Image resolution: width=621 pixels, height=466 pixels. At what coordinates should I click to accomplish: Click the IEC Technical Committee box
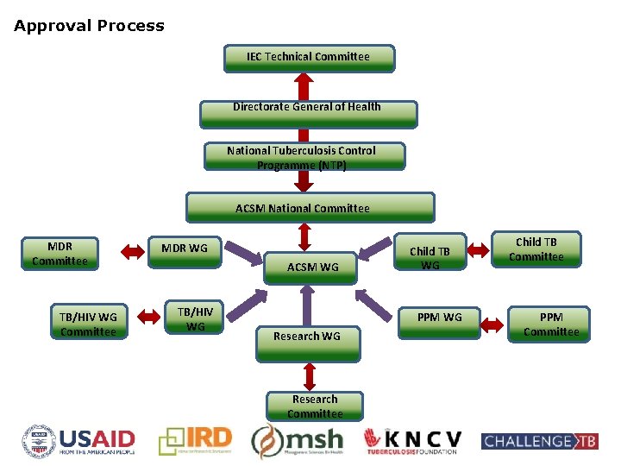pos(308,58)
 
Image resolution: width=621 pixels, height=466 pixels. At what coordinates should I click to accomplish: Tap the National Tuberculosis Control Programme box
pos(302,157)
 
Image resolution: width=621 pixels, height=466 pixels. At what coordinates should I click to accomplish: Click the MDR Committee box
pos(60,253)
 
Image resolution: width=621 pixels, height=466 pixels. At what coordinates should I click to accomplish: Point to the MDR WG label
pos(185,249)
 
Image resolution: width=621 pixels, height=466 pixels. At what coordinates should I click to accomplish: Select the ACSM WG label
pos(312,268)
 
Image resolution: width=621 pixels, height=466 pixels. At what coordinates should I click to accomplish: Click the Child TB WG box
pos(430,257)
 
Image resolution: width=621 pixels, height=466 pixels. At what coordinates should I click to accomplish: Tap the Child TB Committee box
pos(536,249)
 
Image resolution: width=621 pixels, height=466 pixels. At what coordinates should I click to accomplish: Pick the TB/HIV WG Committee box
pos(88,324)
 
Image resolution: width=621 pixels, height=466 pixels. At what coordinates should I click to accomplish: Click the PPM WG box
pos(439,318)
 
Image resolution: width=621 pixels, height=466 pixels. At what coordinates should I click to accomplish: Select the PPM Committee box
pos(551,324)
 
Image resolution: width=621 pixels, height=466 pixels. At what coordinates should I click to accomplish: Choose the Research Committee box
pos(315,406)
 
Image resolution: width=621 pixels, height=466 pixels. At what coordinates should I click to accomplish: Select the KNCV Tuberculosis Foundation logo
pos(412,441)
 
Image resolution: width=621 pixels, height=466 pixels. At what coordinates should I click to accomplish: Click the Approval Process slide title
pos(89,26)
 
